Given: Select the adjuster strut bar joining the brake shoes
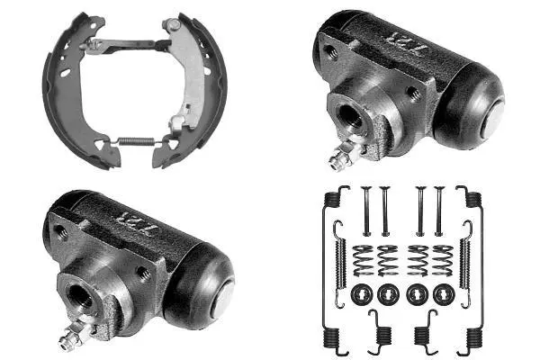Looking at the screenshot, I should point(126,41).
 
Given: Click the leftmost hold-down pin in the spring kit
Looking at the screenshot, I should point(365,211).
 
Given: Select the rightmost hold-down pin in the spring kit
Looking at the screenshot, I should point(439,211).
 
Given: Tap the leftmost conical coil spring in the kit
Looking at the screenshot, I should point(363,260).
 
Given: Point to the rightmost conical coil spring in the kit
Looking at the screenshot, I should point(442,260).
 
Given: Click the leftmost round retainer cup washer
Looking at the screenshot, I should point(363,293).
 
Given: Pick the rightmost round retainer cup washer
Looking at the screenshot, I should point(443,293).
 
